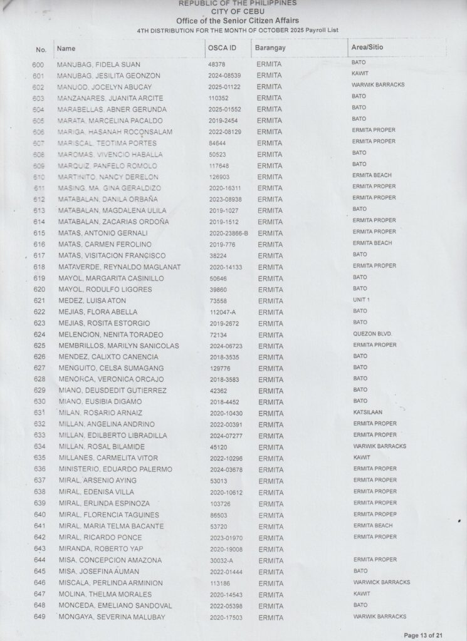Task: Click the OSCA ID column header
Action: (x=222, y=48)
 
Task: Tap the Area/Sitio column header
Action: (x=367, y=48)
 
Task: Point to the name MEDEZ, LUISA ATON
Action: (x=92, y=301)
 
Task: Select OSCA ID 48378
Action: (x=217, y=64)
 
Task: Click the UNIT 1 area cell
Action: (x=361, y=300)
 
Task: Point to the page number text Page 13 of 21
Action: (x=423, y=635)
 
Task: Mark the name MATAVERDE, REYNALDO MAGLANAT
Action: (x=119, y=267)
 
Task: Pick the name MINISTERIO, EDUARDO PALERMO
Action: (x=115, y=469)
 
